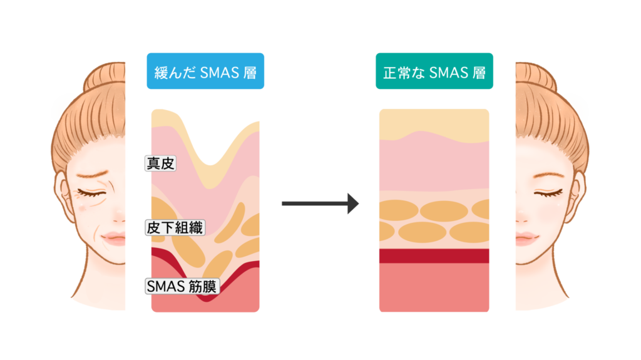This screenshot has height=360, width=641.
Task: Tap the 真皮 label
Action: pyautogui.click(x=160, y=164)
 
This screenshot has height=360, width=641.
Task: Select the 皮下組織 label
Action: pyautogui.click(x=175, y=227)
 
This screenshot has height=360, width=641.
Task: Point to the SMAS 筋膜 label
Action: pyautogui.click(x=181, y=287)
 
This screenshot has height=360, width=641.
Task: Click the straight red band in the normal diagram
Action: pyautogui.click(x=434, y=255)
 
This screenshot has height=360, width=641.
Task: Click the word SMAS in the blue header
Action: pyautogui.click(x=219, y=73)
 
